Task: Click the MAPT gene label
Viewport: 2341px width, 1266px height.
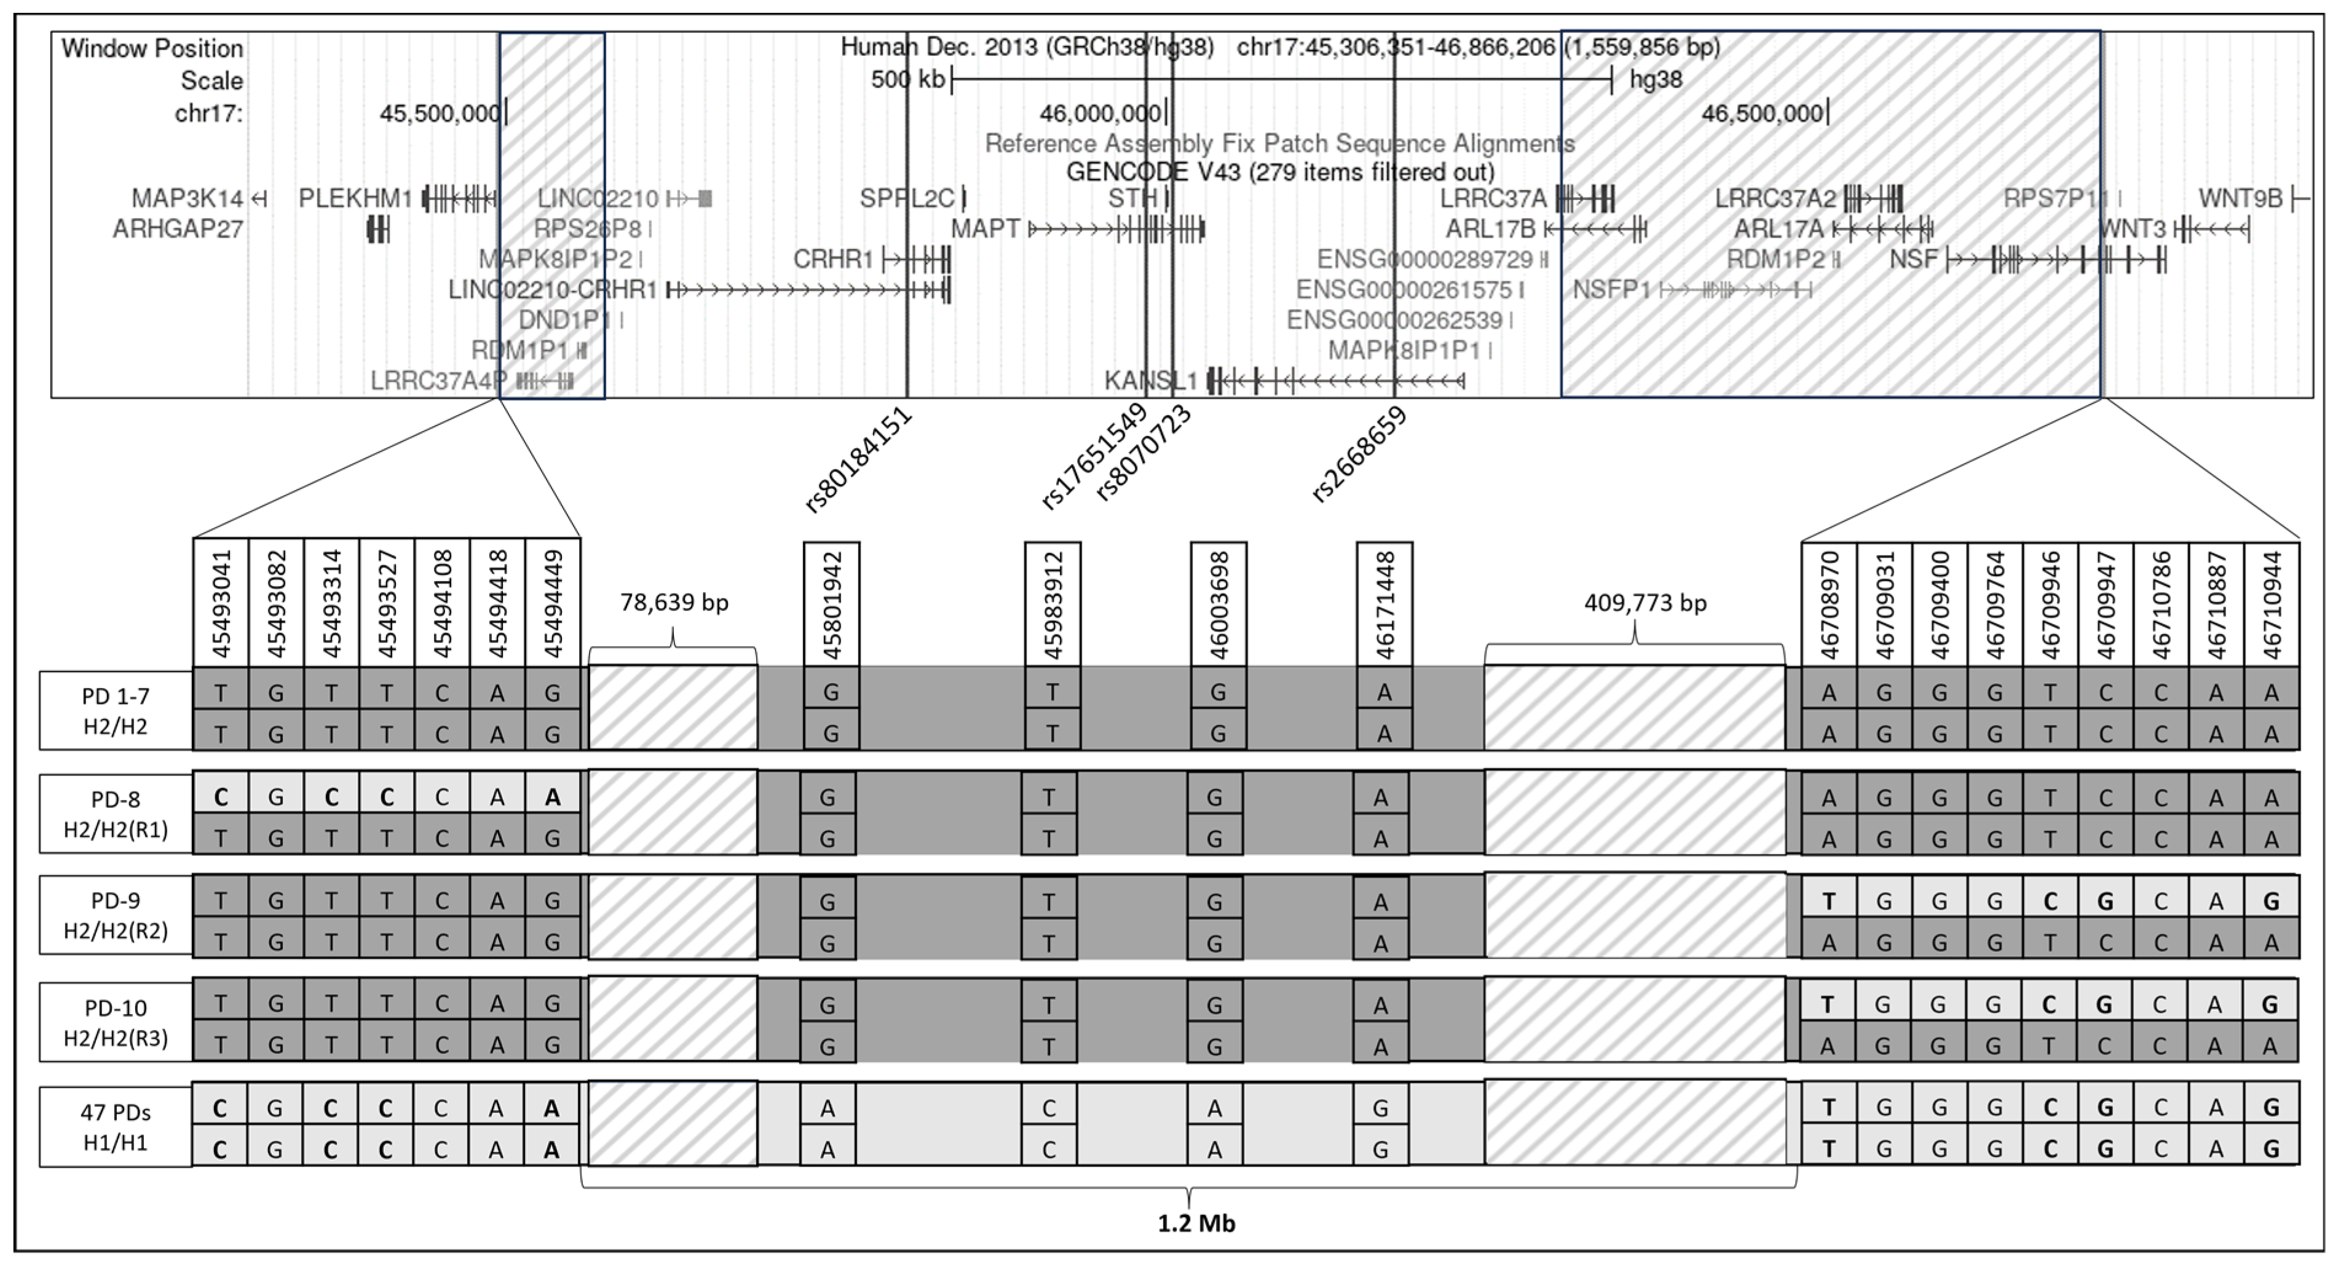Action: [x=985, y=229]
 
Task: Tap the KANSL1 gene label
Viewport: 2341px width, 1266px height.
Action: [x=1150, y=381]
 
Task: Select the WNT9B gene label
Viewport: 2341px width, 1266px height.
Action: [x=2240, y=198]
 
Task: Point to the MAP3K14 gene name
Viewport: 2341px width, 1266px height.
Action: [x=188, y=198]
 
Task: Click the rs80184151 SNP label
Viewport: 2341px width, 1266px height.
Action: [x=859, y=461]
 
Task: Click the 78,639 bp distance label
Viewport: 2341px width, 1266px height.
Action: [x=674, y=603]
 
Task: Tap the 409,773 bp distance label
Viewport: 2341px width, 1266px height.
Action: [x=1645, y=603]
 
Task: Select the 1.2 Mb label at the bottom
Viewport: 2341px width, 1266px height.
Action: [x=1196, y=1224]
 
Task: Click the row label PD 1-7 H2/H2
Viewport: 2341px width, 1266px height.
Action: [x=116, y=711]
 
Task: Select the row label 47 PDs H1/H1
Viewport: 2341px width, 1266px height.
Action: [x=116, y=1127]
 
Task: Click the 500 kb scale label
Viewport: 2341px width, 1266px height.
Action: [x=907, y=80]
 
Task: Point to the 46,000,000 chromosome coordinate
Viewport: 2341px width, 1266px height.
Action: [x=1100, y=114]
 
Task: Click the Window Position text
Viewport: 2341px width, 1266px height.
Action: [x=152, y=48]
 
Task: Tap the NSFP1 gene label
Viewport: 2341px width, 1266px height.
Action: [x=1611, y=290]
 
